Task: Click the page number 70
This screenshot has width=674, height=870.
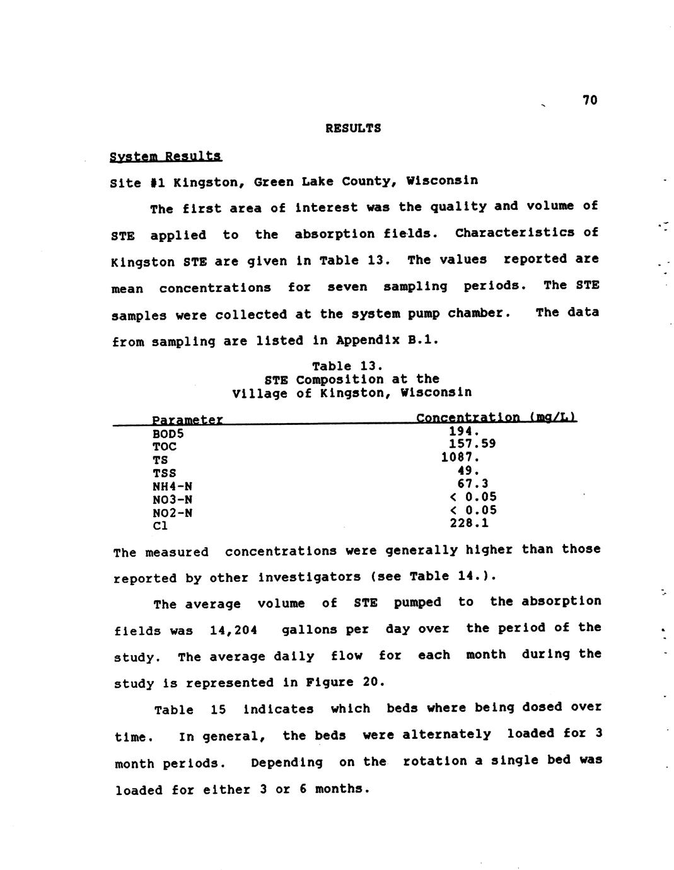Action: (590, 100)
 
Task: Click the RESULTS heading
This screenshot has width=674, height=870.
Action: (353, 128)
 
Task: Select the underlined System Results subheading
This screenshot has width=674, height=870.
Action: (166, 156)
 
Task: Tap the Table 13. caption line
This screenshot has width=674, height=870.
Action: (347, 366)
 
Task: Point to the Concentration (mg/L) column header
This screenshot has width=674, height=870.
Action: (496, 417)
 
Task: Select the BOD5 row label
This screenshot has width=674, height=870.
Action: (168, 434)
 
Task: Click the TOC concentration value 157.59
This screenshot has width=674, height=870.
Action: (472, 444)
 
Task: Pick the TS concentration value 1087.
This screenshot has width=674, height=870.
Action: (460, 457)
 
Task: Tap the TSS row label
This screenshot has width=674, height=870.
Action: (164, 473)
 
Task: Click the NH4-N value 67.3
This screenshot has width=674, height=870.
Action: (473, 484)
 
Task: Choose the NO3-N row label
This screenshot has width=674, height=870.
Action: (172, 499)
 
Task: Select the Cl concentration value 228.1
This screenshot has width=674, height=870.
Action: (469, 523)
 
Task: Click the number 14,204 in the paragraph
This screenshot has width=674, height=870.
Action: (233, 630)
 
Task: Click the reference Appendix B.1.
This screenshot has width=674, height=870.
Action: (386, 340)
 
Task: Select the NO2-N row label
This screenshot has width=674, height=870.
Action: (172, 513)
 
